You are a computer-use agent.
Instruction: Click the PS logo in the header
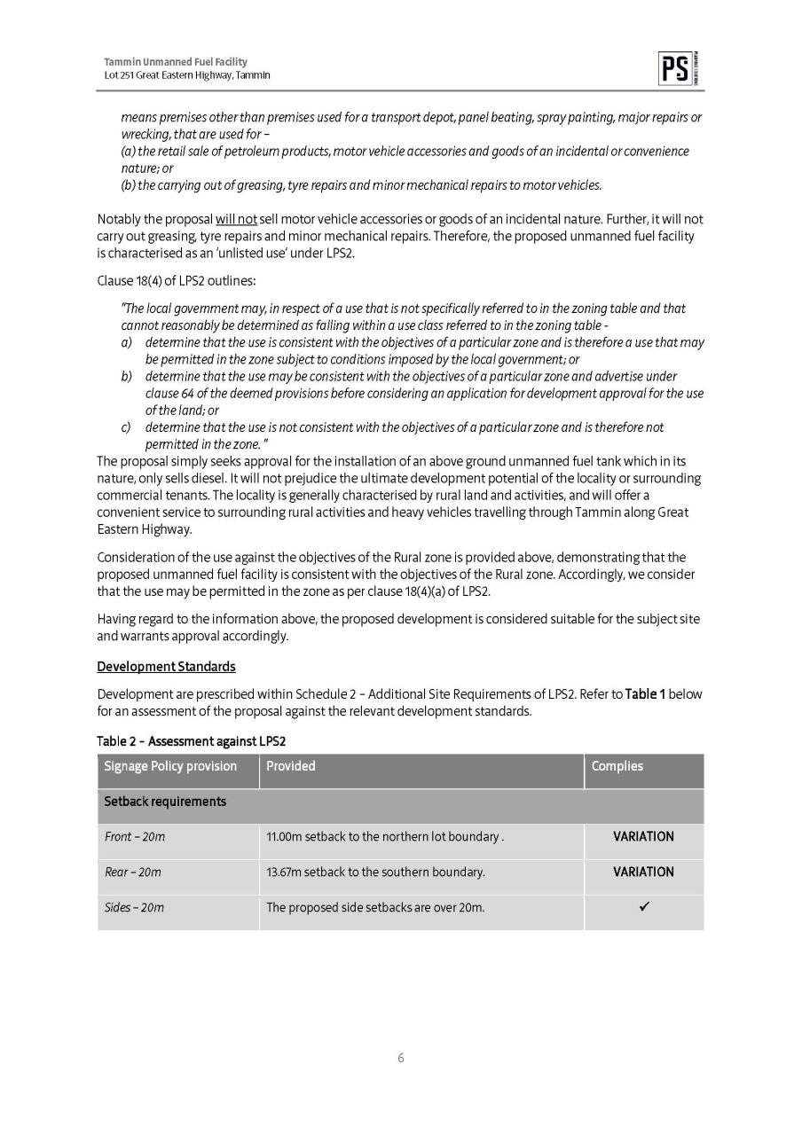(674, 69)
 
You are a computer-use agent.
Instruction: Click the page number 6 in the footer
(401, 1058)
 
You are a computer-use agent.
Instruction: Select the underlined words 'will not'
(236, 219)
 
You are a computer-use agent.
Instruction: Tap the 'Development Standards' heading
(166, 666)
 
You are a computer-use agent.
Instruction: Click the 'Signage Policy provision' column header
(170, 766)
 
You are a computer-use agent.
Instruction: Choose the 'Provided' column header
(291, 766)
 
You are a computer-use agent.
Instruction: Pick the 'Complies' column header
(617, 766)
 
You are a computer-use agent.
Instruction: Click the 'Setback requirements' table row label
(165, 802)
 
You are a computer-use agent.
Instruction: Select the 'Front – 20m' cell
(135, 837)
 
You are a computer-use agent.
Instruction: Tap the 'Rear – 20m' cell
(133, 873)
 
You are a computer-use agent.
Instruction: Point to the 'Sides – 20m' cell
(134, 908)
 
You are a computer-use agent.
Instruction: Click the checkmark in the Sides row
(643, 907)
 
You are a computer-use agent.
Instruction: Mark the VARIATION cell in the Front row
(643, 837)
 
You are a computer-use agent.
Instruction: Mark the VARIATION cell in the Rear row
(643, 873)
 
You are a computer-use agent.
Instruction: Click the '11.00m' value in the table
(283, 837)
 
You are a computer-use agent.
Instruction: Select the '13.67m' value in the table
(283, 873)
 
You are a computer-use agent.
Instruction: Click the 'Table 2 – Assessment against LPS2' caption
(191, 741)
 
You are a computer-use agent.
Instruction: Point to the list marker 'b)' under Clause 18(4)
(127, 377)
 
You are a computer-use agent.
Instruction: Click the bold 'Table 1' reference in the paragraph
(645, 693)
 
